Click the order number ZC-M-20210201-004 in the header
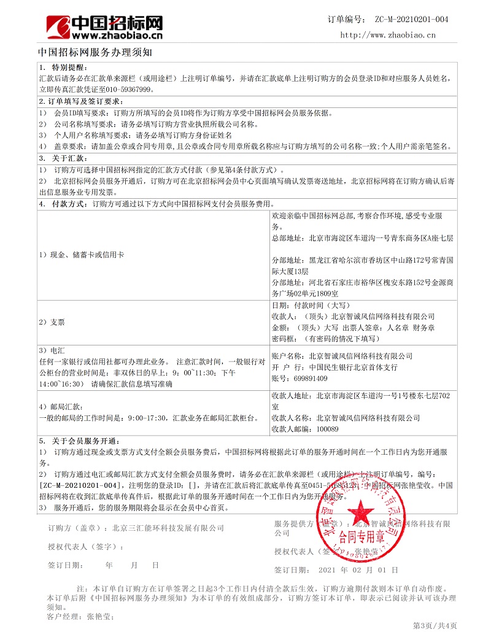point(411,20)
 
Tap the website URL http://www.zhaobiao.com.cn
point(388,35)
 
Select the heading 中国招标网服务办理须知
point(95,52)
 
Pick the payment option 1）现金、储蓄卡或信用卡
point(81,254)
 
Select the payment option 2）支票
point(52,322)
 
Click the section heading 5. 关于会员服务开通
point(77,441)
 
